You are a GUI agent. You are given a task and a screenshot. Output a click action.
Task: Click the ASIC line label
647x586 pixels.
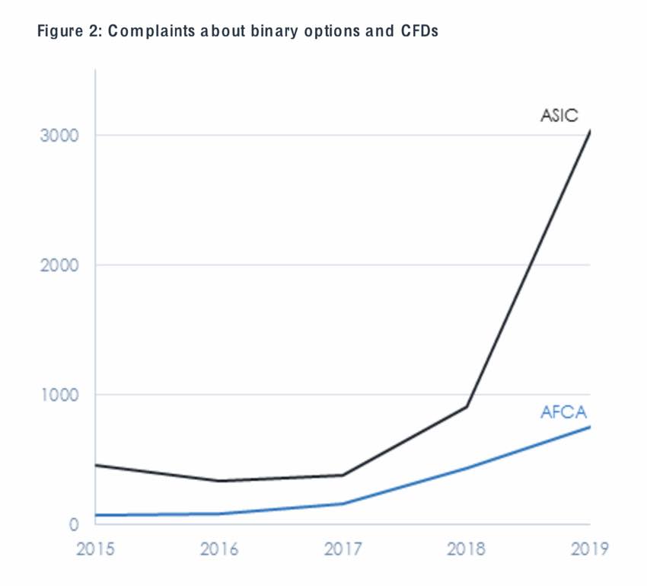pyautogui.click(x=559, y=117)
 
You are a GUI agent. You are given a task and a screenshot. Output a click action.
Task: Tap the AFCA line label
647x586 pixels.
pyautogui.click(x=564, y=413)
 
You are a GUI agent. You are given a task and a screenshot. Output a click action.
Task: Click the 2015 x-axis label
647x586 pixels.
pyautogui.click(x=95, y=549)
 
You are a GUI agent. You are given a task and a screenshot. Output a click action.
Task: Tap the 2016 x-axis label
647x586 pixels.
pyautogui.click(x=219, y=549)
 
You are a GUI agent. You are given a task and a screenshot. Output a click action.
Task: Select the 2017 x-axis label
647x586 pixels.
pyautogui.click(x=343, y=549)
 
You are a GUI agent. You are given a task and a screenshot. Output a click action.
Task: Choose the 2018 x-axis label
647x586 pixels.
pyautogui.click(x=467, y=549)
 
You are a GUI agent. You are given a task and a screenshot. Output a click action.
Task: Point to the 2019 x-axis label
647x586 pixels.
pyautogui.click(x=588, y=549)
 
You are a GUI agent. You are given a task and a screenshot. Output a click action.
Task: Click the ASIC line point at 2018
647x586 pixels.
pyautogui.click(x=467, y=407)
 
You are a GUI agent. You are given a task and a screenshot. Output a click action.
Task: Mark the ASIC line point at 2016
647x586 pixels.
pyautogui.click(x=219, y=481)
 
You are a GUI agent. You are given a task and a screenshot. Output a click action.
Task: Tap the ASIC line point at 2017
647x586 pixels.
pyautogui.click(x=343, y=475)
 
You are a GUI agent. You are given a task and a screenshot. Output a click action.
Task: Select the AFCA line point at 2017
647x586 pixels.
pyautogui.click(x=343, y=504)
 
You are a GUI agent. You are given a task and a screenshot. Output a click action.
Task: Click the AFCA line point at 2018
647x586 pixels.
pyautogui.click(x=467, y=468)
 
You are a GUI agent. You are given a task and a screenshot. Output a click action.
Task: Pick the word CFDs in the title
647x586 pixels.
pyautogui.click(x=419, y=33)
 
